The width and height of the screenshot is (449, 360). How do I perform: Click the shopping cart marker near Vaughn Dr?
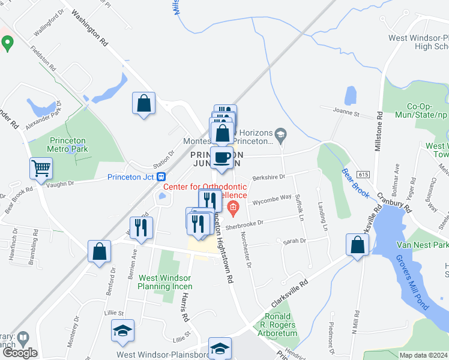tap(41, 169)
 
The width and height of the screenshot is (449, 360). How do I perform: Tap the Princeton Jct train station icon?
tap(161, 176)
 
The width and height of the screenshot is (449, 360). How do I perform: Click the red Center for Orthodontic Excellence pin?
tap(233, 208)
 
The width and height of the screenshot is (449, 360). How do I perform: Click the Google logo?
tap(20, 352)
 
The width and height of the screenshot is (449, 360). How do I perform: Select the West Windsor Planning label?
tap(164, 282)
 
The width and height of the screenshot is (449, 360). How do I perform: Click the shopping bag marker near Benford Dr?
tap(99, 251)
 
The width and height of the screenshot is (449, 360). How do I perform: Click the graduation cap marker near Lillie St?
tap(123, 331)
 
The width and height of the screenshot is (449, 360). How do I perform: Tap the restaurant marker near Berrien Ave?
tap(141, 227)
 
